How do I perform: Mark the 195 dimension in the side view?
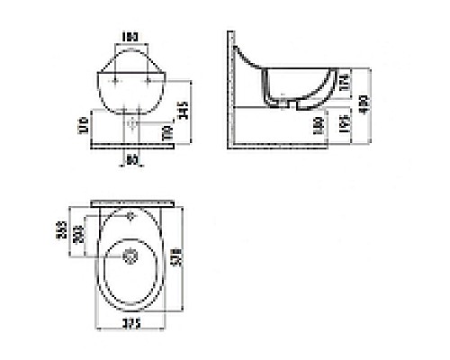click(x=345, y=126)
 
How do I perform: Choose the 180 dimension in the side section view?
click(x=319, y=126)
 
